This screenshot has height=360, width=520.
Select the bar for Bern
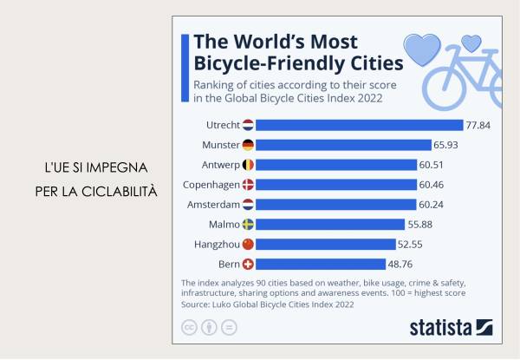point(321,264)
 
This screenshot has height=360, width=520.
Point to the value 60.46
point(432,185)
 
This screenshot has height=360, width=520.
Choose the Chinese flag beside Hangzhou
point(248,244)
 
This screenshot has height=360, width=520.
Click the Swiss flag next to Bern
point(248,264)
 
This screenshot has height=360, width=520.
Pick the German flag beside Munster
point(248,145)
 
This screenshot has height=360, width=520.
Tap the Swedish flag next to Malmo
point(248,224)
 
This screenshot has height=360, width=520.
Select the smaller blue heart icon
point(471,41)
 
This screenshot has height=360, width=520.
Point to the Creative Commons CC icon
point(188,327)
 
